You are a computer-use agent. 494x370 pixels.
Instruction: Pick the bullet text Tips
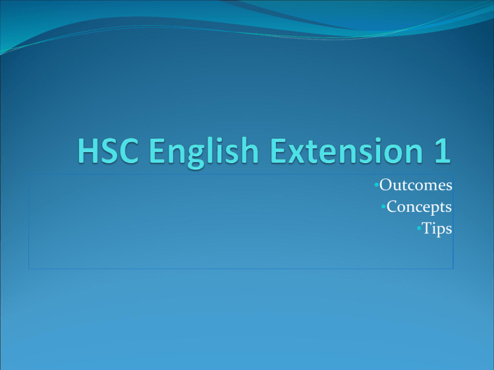[437, 228]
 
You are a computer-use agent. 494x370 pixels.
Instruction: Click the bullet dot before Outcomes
[376, 186]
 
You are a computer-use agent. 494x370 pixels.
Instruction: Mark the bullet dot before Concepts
[383, 207]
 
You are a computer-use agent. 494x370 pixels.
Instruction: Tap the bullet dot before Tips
[419, 228]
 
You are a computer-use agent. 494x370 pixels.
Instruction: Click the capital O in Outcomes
[385, 186]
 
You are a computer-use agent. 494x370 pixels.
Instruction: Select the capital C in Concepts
[392, 207]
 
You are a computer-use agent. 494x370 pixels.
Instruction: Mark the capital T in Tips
[427, 228]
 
